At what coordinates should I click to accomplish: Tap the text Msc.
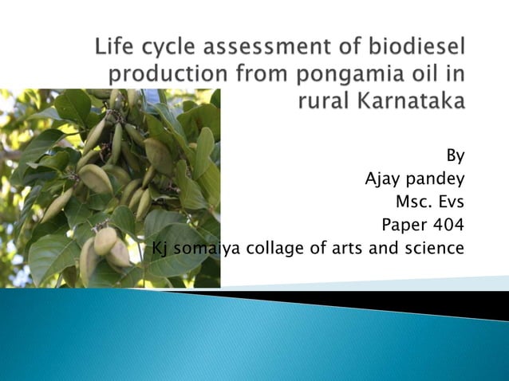pyautogui.click(x=412, y=201)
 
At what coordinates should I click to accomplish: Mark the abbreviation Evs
pyautogui.click(x=451, y=201)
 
